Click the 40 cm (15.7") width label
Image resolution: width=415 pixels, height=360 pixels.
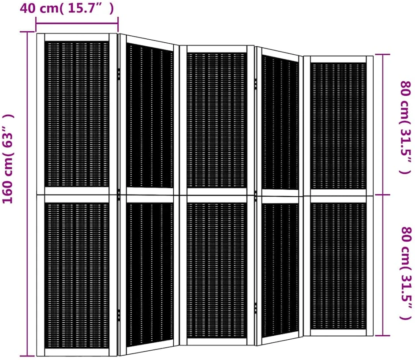pyautogui.click(x=67, y=8)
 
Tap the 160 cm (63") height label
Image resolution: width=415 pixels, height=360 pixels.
pyautogui.click(x=8, y=159)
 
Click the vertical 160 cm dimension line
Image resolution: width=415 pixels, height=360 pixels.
pyautogui.click(x=27, y=194)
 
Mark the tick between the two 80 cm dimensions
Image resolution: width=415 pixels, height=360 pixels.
pyautogui.click(x=382, y=195)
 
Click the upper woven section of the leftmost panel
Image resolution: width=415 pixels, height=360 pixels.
pyautogui.click(x=77, y=114)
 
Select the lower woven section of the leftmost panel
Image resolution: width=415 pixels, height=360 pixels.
pyautogui.click(x=77, y=276)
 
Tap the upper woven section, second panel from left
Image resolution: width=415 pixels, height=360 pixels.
pyautogui.click(x=150, y=116)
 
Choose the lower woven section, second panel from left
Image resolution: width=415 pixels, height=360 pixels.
pyautogui.click(x=150, y=274)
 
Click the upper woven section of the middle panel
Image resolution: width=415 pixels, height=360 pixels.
pyautogui.click(x=217, y=120)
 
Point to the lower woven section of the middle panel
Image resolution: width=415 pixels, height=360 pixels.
pyautogui.click(x=217, y=270)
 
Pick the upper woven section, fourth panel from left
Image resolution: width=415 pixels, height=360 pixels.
pyautogui.click(x=280, y=122)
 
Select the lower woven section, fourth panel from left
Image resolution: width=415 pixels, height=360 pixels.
pyautogui.click(x=280, y=270)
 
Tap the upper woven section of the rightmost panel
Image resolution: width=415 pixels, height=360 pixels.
pyautogui.click(x=339, y=126)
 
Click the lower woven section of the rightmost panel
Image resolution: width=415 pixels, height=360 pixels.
pyautogui.click(x=339, y=266)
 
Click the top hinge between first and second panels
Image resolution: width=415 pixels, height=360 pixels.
pyautogui.click(x=119, y=74)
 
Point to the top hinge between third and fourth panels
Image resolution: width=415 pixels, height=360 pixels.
pyautogui.click(x=255, y=83)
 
